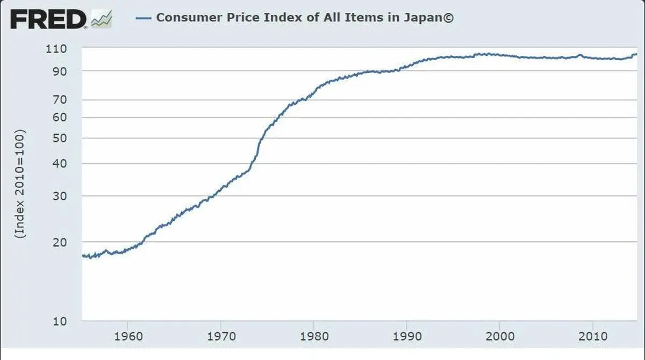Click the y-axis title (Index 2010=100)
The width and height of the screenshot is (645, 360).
point(20,183)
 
